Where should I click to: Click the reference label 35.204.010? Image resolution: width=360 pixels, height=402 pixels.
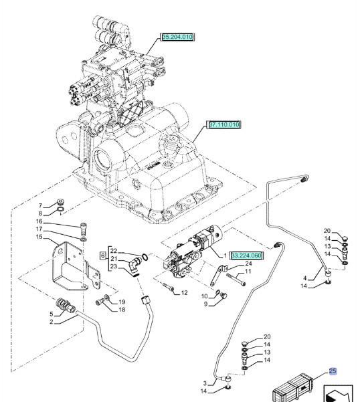(177, 37)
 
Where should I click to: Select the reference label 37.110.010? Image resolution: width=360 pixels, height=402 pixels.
(224, 125)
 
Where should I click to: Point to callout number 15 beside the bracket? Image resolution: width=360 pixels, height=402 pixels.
(39, 237)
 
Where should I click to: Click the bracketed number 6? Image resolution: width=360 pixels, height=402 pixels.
(102, 255)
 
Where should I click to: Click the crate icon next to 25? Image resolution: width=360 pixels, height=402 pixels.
(294, 389)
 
